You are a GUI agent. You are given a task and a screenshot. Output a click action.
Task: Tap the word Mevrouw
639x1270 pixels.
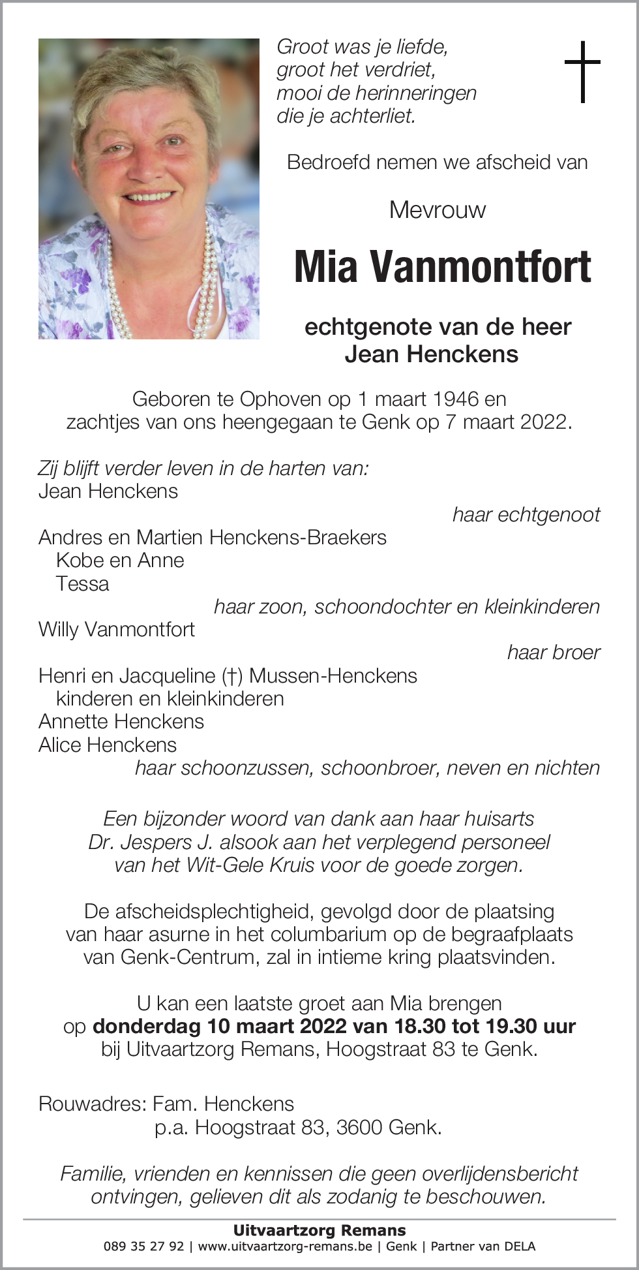437,210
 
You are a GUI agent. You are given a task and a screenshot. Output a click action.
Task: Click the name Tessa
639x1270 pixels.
83,583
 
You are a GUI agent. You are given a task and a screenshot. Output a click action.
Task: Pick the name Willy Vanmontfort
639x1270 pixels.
117,629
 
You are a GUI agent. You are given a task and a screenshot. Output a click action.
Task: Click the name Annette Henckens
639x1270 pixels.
121,721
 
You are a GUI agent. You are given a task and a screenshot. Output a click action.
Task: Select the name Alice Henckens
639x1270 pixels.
108,745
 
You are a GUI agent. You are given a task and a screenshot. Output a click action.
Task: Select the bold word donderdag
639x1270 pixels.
146,1026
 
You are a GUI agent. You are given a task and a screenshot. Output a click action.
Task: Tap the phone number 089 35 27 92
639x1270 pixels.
144,1247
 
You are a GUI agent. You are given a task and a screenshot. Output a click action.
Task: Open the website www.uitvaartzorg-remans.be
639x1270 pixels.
285,1247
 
